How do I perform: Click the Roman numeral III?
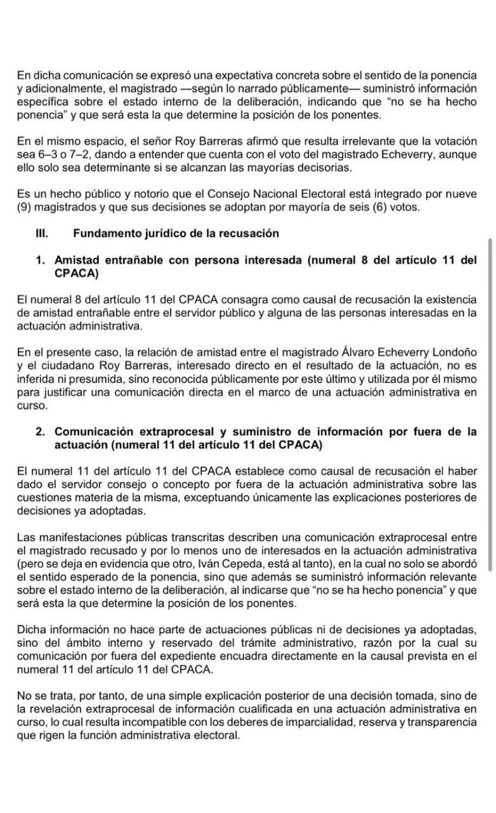(42, 233)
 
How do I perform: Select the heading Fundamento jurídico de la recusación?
(176, 233)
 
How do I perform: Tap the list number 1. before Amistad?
(40, 260)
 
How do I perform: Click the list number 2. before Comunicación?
(40, 431)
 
